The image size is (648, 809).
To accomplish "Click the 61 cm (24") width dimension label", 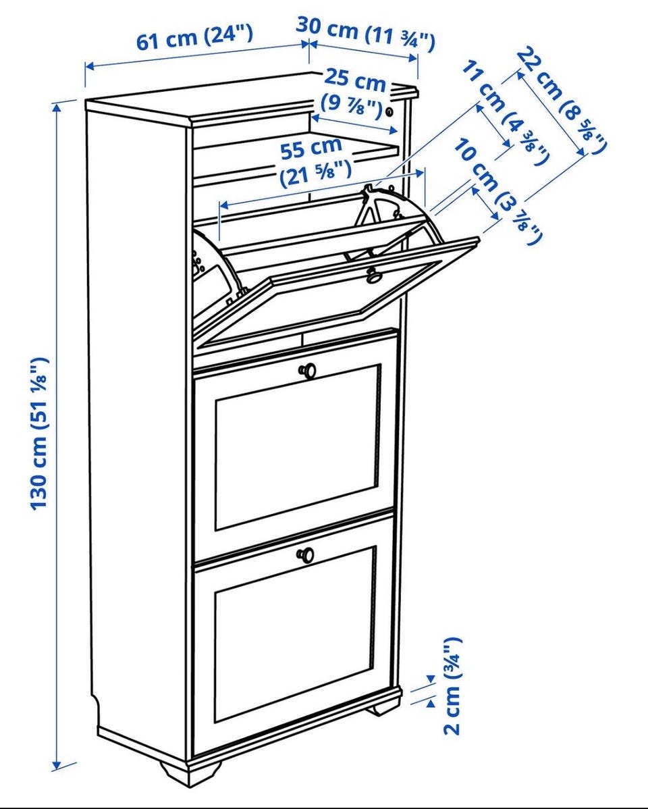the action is (x=194, y=36).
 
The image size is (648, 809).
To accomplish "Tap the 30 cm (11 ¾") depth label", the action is (x=366, y=33).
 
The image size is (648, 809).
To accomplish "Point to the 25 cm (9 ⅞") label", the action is (x=354, y=93).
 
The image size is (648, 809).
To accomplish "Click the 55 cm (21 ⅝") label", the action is (x=314, y=162).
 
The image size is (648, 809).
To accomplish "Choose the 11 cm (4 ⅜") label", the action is (x=505, y=112).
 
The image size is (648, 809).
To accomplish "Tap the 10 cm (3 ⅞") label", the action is (x=498, y=192).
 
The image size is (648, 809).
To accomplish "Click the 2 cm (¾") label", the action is (x=452, y=685).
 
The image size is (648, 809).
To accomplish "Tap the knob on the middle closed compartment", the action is (x=308, y=371).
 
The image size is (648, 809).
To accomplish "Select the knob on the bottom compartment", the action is (x=305, y=554).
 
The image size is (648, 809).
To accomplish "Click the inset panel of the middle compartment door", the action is (x=298, y=447).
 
